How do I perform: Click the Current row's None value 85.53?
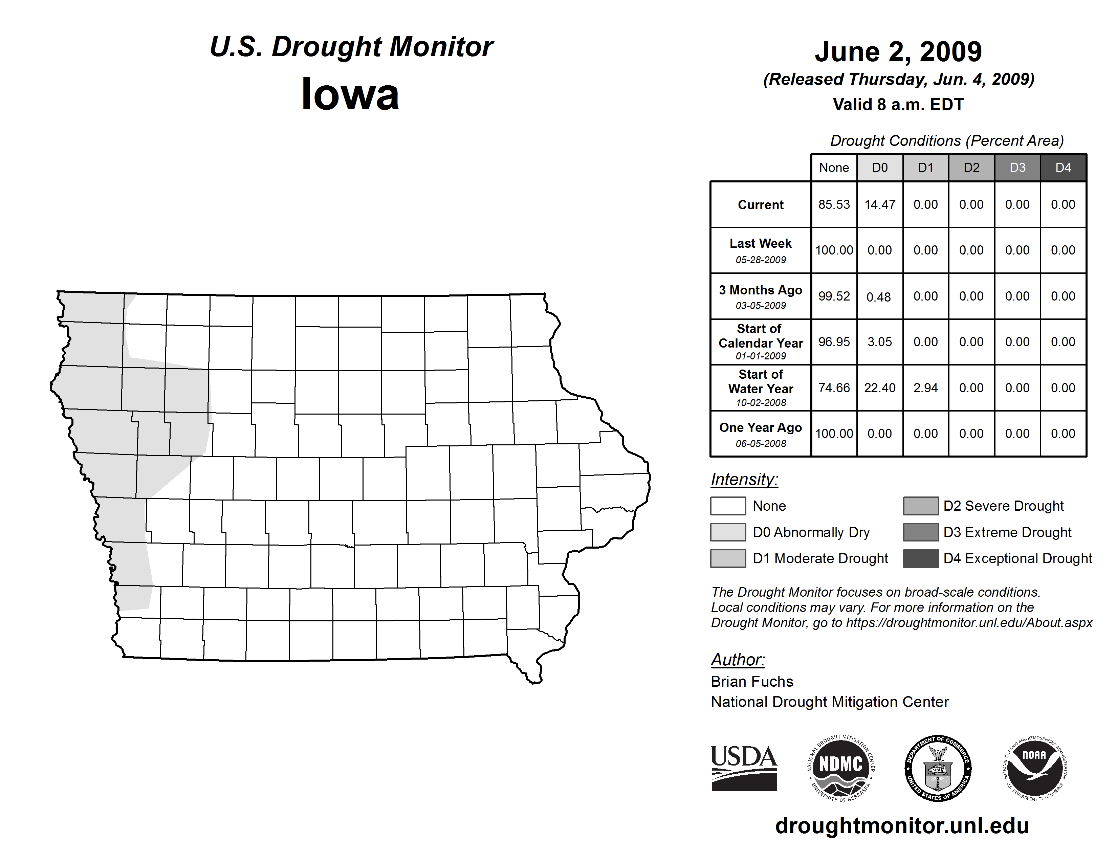pos(834,204)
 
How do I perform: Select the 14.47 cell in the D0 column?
pos(880,204)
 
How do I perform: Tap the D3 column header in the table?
pos(1017,168)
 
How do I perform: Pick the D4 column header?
pos(1063,168)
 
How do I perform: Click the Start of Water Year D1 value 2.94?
pos(925,388)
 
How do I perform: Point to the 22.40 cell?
pos(880,388)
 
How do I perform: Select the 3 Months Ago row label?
pos(761,296)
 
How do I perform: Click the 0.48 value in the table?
pos(879,297)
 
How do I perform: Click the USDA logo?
pos(744,768)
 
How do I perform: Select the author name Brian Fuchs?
pos(752,682)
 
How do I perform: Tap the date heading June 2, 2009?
pos(898,52)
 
